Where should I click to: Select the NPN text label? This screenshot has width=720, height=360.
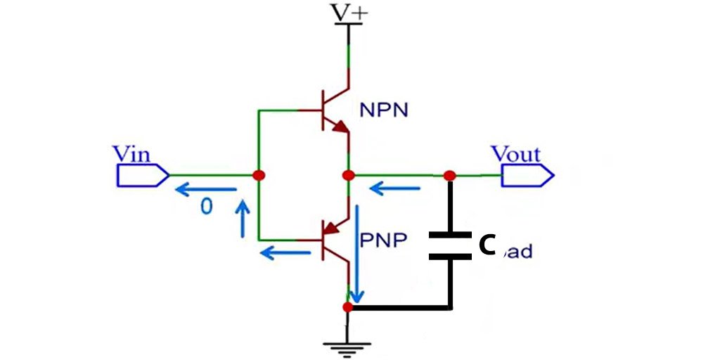383,110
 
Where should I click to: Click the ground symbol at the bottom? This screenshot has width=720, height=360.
347,345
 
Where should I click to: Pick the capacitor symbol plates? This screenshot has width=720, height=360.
450,245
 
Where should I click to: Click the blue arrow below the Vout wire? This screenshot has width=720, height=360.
394,188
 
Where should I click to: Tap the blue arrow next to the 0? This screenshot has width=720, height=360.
206,188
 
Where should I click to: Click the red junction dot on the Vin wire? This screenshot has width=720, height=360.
259,175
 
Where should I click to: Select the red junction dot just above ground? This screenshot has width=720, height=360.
347,307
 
